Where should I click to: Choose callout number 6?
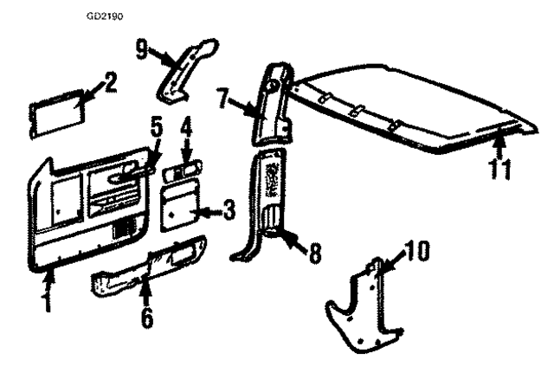[147, 317]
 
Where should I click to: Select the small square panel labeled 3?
[181, 207]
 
